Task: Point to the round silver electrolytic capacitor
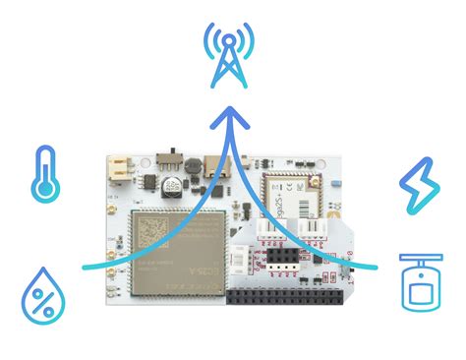(x=171, y=184)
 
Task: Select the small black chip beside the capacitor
(x=147, y=183)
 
